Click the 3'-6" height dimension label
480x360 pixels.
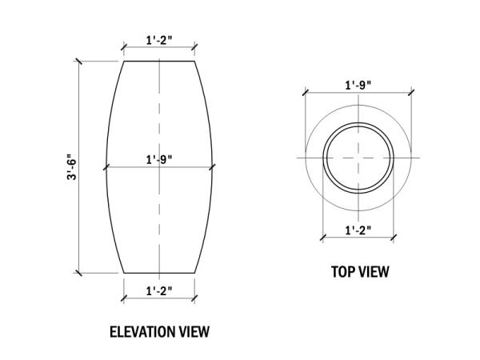click(x=71, y=167)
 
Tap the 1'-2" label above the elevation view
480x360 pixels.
click(x=159, y=41)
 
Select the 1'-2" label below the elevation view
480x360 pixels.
click(x=159, y=291)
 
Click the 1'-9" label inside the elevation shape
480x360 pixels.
click(x=159, y=160)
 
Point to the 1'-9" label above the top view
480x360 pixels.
click(x=358, y=85)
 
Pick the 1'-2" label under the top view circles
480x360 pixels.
click(x=358, y=230)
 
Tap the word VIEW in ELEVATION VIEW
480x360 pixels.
click(x=194, y=332)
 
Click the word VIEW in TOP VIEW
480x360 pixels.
click(x=374, y=272)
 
